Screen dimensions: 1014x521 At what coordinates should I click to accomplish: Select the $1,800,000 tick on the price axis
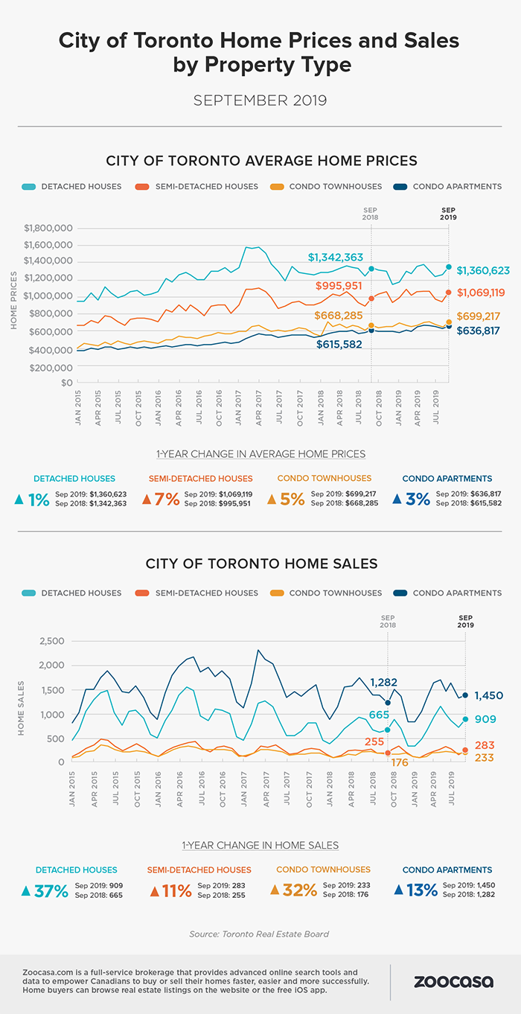[48, 228]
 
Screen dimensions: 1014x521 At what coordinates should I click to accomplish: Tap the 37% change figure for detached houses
[51, 890]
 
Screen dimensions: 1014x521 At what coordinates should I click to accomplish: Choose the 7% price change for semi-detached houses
[165, 500]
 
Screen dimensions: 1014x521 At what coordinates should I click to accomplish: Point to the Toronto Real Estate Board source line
[260, 933]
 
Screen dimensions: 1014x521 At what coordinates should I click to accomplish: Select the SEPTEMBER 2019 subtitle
[260, 100]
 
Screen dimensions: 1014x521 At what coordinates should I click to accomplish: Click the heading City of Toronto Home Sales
[260, 564]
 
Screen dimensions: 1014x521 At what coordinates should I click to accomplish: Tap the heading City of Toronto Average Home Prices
[260, 160]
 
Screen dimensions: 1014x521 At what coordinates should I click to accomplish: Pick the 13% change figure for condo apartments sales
[421, 890]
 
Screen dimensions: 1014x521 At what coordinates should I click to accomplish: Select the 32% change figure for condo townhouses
[299, 890]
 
